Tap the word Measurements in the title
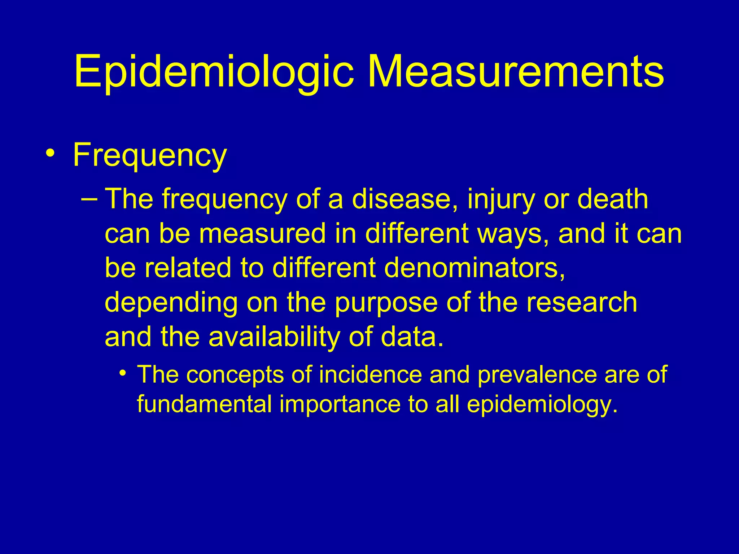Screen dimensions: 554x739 point(516,71)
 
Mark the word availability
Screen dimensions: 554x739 point(274,338)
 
